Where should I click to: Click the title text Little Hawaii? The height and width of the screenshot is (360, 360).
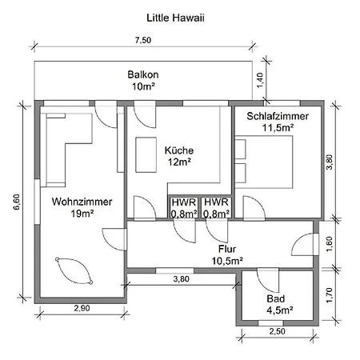[x=175, y=18]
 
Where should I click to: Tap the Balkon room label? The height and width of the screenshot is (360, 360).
[x=143, y=74]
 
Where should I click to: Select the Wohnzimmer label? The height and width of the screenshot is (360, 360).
[x=82, y=202]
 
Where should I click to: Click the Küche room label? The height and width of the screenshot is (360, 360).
[x=179, y=150]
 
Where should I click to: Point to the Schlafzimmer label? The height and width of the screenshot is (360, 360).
[x=278, y=116]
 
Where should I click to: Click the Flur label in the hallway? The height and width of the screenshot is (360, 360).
[x=227, y=249]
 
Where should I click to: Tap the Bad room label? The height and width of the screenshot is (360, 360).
[x=276, y=298]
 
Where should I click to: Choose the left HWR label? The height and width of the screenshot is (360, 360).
[x=184, y=202]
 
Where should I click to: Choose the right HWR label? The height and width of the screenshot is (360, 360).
[x=216, y=202]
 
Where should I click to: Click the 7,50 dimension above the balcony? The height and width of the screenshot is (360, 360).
[x=143, y=40]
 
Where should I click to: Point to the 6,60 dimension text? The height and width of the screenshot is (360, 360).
[x=17, y=202]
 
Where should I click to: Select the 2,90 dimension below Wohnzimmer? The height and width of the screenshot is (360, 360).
[x=82, y=308]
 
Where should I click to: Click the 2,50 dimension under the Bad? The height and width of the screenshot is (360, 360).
[x=277, y=331]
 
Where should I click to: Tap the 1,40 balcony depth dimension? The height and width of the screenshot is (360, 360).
[x=260, y=80]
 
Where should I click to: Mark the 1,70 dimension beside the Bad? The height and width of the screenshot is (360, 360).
[x=330, y=295]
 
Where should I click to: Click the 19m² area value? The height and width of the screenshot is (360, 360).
[x=82, y=214]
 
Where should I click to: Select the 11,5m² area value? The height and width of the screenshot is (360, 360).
[x=278, y=128]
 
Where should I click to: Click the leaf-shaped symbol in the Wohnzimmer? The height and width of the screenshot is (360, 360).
[x=74, y=270]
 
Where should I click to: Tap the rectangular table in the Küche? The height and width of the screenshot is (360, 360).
[x=146, y=154]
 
